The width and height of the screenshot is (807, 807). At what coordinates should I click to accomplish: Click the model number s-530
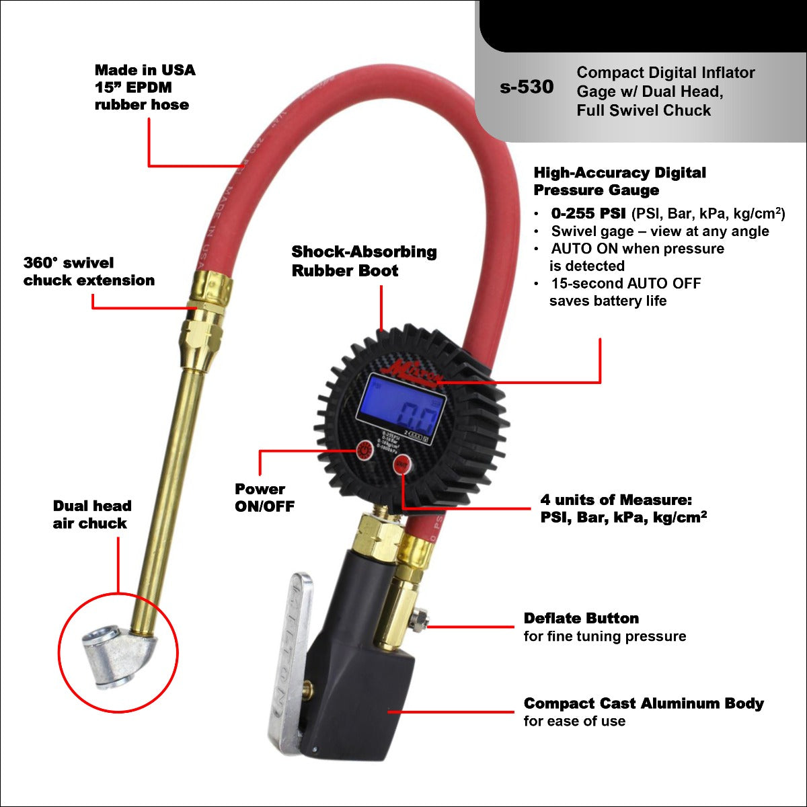527,87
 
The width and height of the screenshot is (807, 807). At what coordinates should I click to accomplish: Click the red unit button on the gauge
402,463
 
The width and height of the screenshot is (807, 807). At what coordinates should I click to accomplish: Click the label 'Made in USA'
145,70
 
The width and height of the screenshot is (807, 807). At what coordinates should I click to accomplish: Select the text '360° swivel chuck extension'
89,272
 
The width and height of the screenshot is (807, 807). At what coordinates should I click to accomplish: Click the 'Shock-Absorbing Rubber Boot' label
364,261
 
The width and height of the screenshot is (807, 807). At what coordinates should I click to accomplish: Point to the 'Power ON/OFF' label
264,498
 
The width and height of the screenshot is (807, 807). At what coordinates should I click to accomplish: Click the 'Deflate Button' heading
581,618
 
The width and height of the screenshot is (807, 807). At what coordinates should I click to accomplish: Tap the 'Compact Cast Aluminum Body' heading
644,703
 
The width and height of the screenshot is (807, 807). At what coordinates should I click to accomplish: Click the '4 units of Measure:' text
616,500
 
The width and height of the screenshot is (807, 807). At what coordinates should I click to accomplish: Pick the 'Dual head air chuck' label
91,514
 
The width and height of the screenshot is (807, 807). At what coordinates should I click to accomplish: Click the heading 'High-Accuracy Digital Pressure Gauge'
619,181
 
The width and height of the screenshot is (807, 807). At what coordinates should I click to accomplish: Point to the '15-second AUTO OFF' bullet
625,283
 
